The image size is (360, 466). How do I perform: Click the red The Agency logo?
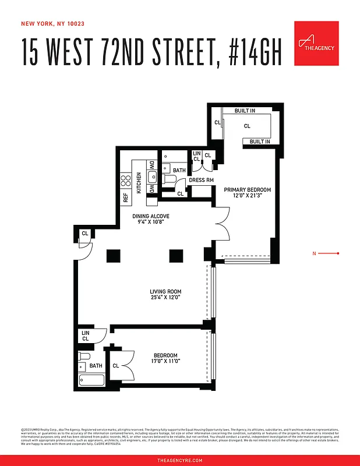coord(316,44)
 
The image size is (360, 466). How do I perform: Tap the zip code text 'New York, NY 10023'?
coord(52,24)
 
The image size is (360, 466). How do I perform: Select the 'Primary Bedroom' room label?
coord(248,190)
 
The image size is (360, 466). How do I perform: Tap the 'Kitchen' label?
coord(139,182)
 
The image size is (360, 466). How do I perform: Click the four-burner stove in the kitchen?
coord(125,180)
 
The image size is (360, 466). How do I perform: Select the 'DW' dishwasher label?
coord(151,165)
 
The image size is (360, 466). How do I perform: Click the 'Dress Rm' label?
coord(201,180)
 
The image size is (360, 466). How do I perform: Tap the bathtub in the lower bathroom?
coord(91,380)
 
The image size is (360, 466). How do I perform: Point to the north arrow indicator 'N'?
coord(315,253)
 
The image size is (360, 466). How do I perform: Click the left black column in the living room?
coord(113,255)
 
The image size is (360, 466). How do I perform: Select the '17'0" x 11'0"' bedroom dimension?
coord(165,362)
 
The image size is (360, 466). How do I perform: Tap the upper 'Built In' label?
coord(245,111)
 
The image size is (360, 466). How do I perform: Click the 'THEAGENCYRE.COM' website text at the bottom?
coord(180,460)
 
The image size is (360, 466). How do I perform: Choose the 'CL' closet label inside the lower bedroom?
coord(115,366)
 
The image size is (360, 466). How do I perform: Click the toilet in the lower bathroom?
coord(85,356)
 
